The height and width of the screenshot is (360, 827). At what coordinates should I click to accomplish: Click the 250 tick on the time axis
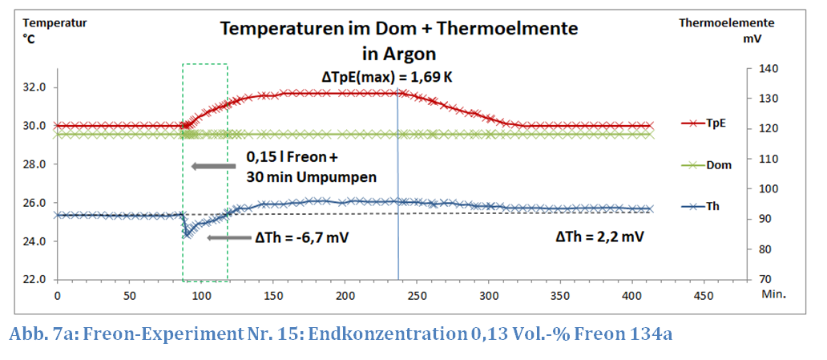[417, 295]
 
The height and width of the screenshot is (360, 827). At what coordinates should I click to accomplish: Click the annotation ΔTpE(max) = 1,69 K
[392, 77]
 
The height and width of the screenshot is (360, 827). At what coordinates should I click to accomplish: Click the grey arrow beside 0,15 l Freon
[213, 167]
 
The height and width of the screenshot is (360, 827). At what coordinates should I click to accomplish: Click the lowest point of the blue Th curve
[187, 234]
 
